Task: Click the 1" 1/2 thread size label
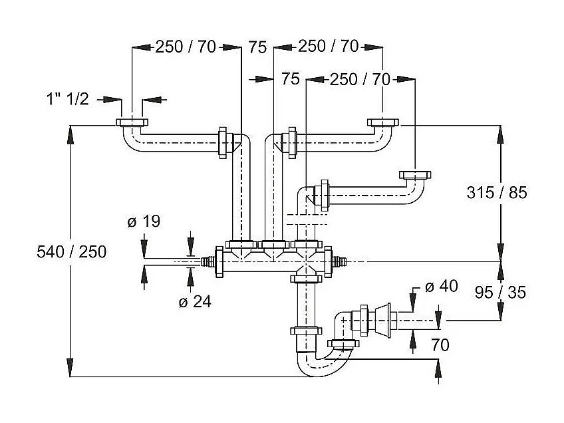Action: coord(67,99)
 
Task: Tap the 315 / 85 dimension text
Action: coord(497,193)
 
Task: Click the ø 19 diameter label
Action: coord(144,222)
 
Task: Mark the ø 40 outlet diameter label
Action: coord(441,287)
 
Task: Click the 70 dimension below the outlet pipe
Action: coord(440,345)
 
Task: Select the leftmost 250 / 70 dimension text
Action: coord(187,47)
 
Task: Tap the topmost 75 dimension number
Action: coord(257,47)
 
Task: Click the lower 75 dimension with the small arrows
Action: coord(290,79)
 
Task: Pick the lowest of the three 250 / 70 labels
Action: coord(360,79)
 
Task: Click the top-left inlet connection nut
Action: coord(133,123)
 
